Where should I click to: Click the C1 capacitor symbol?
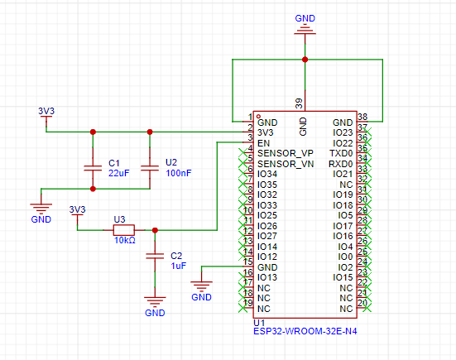[x=93, y=168]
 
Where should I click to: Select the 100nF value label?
[x=179, y=173]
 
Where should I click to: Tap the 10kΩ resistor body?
[x=124, y=230]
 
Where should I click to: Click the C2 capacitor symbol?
[x=155, y=256]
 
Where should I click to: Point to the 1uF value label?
[x=178, y=266]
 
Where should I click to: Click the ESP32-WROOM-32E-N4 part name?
[x=305, y=331]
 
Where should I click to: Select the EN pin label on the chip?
[x=263, y=143]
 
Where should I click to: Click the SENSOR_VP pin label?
[x=286, y=153]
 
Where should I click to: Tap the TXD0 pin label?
[x=341, y=153]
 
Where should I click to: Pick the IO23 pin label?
[x=343, y=133]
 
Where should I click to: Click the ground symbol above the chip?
[x=305, y=31]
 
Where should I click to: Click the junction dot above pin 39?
[x=305, y=60]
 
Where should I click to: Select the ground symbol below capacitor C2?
[x=155, y=301]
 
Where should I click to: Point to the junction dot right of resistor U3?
[x=155, y=230]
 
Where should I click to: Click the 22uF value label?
[x=119, y=173]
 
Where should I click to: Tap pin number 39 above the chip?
[x=299, y=103]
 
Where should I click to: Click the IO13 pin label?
[x=267, y=277]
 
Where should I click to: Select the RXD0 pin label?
[x=340, y=164]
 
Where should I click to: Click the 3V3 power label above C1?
[x=46, y=111]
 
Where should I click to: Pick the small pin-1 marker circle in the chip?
[x=258, y=117]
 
